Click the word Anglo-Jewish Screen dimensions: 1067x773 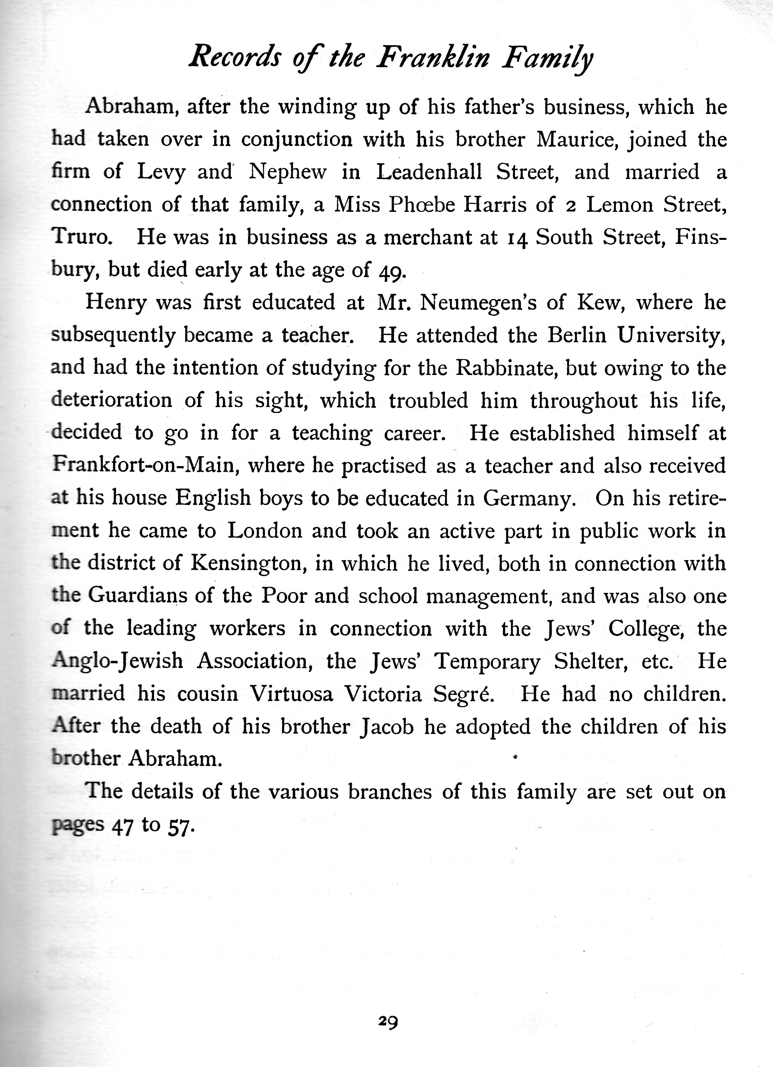coord(117,661)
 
